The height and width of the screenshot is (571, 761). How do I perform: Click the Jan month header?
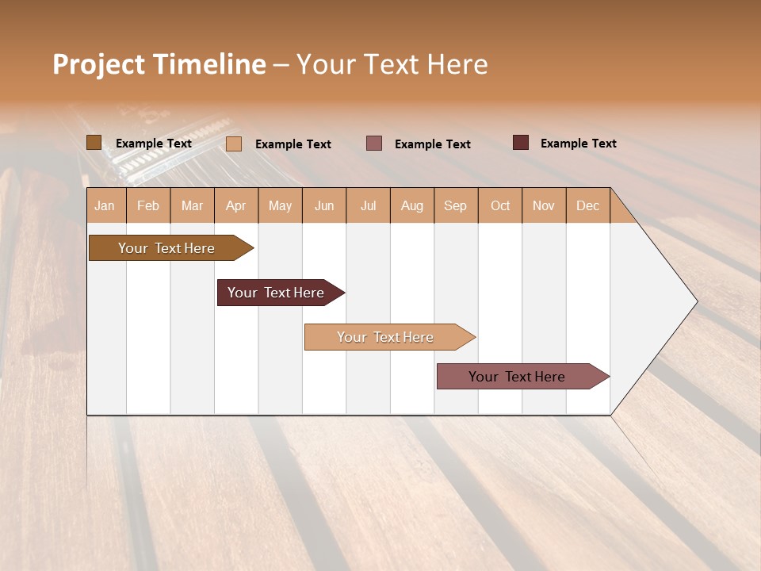[105, 205]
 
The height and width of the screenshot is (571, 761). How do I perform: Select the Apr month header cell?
[236, 205]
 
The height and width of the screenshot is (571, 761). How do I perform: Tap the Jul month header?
[368, 205]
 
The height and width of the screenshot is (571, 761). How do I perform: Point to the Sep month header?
[455, 205]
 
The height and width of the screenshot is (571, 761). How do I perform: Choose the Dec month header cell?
[587, 205]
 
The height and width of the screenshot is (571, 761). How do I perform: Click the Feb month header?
[148, 205]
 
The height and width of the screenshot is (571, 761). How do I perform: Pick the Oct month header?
[499, 205]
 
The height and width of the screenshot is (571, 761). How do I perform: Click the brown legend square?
[94, 143]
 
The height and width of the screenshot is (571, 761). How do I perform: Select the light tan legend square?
[234, 144]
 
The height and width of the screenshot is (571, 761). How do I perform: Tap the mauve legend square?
[374, 143]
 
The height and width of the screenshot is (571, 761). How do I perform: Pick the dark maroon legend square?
[520, 143]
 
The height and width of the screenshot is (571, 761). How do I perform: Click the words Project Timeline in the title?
[159, 64]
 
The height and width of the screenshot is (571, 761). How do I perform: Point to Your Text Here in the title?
[392, 64]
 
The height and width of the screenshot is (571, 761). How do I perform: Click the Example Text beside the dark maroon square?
[578, 144]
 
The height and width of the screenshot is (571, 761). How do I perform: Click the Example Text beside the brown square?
[153, 144]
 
